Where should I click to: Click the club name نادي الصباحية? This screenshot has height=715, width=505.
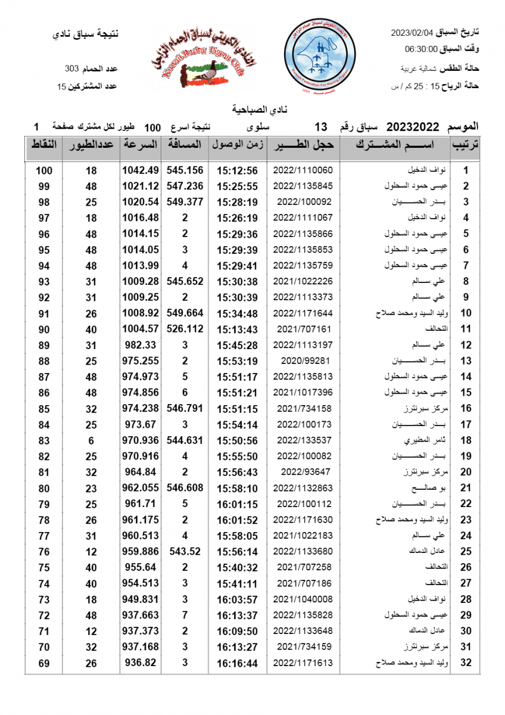click(252, 110)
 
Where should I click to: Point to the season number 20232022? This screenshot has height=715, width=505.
click(413, 127)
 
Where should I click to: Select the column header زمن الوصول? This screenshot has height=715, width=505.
click(237, 145)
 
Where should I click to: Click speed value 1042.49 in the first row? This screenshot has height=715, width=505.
click(140, 170)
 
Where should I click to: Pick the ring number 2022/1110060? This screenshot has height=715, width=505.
click(303, 170)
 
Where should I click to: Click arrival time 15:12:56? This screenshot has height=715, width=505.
click(237, 170)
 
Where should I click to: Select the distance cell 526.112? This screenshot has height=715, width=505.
click(185, 329)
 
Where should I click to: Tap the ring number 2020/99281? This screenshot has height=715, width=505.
click(303, 360)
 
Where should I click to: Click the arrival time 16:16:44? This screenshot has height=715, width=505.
click(237, 663)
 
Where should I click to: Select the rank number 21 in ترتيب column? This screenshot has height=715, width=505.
click(466, 488)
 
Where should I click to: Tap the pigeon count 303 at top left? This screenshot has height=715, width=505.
click(71, 70)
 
